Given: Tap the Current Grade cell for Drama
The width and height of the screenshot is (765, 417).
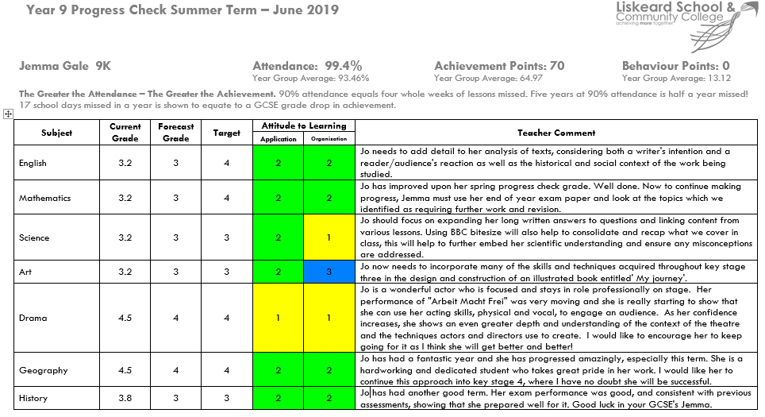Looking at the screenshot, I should click(125, 318).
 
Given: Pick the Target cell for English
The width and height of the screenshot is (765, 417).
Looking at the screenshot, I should click(227, 163).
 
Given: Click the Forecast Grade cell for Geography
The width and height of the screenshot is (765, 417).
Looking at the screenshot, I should click(176, 370).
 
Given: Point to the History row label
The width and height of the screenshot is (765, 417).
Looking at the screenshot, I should click(33, 398).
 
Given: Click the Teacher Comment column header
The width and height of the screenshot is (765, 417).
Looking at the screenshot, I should click(555, 133).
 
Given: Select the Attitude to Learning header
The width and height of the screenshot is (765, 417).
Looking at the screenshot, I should click(305, 125).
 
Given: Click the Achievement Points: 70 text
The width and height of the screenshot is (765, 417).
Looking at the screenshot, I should click(499, 66).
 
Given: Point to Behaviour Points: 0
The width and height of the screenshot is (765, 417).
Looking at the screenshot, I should click(675, 66).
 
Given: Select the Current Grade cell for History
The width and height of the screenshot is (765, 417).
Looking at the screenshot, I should click(125, 398).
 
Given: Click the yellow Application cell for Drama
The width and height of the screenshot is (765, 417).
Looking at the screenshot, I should click(279, 318).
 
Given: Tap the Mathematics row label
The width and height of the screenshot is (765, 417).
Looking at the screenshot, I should click(45, 198).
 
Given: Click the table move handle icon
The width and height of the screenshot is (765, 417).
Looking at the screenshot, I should click(8, 114).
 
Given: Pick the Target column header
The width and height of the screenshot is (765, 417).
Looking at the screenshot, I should click(227, 133).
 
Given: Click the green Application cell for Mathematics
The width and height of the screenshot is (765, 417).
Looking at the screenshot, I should click(279, 198).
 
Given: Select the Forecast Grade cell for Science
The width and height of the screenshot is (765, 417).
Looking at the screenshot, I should click(176, 237).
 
